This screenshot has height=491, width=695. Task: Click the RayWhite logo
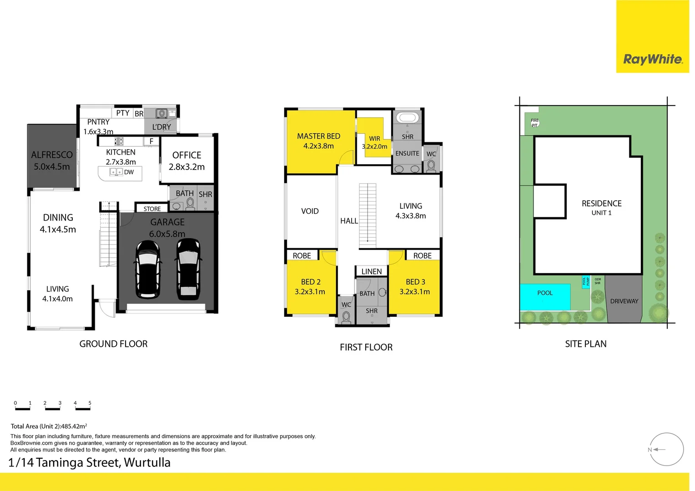tap(653, 59)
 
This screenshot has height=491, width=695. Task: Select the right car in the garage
tap(188, 270)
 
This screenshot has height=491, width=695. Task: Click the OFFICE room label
tap(186, 155)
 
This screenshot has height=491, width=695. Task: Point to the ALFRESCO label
tap(52, 155)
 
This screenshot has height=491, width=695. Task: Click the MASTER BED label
tap(318, 136)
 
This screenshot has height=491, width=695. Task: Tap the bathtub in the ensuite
tap(408, 118)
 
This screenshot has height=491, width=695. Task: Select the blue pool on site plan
tap(545, 297)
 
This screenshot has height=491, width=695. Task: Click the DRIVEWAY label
tap(624, 301)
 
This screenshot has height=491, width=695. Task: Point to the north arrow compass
tap(666, 450)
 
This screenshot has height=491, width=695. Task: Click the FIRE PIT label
tap(534, 123)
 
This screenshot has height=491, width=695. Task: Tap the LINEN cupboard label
tap(372, 271)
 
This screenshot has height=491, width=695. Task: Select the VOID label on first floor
tap(310, 211)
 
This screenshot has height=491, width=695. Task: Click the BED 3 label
tap(415, 282)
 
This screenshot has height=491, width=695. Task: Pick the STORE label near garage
tap(152, 209)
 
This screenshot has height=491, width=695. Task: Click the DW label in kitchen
tap(129, 172)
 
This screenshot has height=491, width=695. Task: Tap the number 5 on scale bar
tap(90, 403)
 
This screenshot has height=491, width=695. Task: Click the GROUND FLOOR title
tap(113, 344)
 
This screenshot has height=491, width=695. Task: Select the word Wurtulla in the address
tap(147, 462)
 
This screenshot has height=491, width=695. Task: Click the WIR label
tap(374, 139)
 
